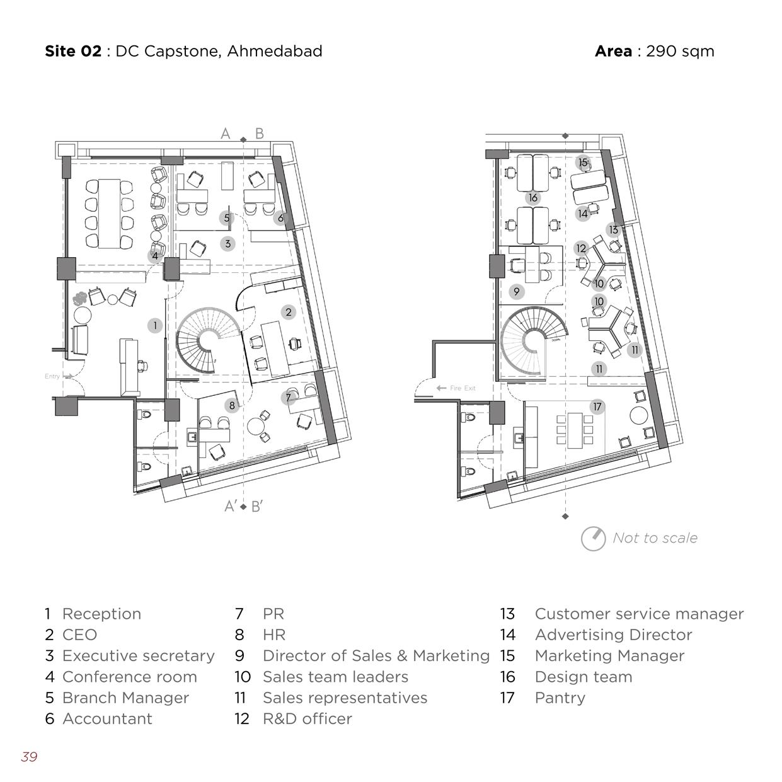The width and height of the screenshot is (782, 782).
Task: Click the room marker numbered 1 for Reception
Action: click(x=155, y=326)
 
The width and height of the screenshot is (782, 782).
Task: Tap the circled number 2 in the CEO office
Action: click(x=289, y=312)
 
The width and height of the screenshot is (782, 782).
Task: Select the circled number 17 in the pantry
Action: click(x=597, y=407)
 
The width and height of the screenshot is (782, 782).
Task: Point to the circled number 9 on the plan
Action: click(x=517, y=292)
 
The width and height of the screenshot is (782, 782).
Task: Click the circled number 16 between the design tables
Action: click(x=533, y=198)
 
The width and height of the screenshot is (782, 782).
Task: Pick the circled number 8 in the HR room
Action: click(x=232, y=405)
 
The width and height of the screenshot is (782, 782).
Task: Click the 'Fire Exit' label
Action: click(x=463, y=388)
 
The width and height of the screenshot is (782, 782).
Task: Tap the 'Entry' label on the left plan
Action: click(x=52, y=376)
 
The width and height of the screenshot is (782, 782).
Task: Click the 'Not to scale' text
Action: click(x=655, y=538)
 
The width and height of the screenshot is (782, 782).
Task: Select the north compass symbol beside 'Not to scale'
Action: click(x=593, y=539)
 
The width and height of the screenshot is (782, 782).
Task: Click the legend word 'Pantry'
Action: click(x=560, y=698)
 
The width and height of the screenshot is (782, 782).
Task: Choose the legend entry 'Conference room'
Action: click(x=129, y=677)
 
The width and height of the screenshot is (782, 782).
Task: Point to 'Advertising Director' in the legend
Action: click(x=613, y=635)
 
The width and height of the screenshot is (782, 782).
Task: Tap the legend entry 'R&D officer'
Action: click(x=307, y=718)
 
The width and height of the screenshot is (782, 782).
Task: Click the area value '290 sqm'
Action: click(x=680, y=51)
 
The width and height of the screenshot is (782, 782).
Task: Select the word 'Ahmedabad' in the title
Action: click(x=274, y=51)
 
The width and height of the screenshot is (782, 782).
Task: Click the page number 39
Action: click(x=29, y=757)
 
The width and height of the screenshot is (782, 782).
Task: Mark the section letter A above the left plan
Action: click(x=226, y=134)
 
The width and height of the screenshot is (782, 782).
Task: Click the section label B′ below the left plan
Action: click(x=257, y=507)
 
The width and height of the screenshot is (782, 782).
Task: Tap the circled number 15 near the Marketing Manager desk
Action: click(x=583, y=163)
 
